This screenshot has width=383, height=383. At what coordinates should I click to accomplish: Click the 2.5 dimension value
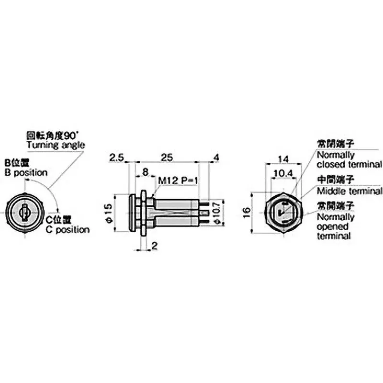117,157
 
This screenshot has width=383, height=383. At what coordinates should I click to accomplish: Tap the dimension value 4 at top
217,157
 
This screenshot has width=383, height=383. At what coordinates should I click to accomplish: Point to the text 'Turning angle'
56,145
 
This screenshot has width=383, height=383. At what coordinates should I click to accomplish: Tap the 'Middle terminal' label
350,191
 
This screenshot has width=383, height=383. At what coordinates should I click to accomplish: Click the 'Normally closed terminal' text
349,160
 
